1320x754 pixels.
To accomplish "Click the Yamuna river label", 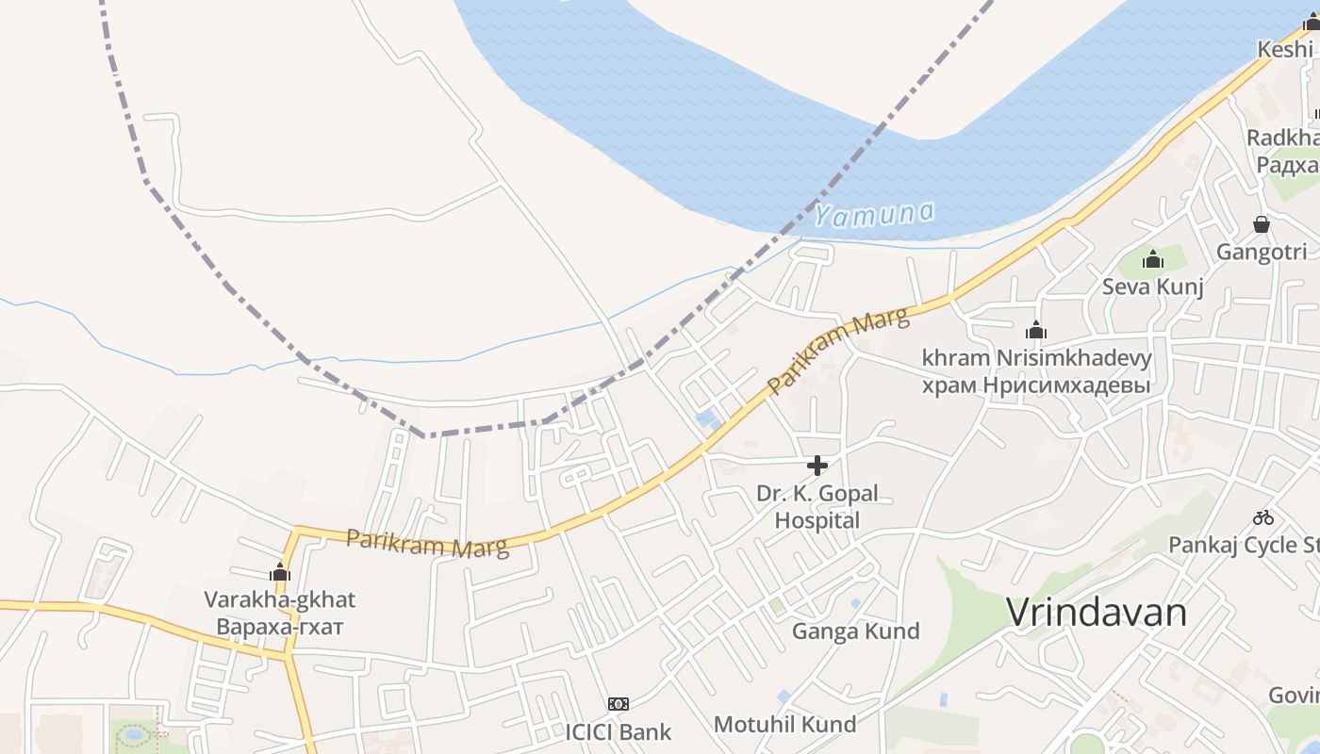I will pyautogui.click(x=874, y=214).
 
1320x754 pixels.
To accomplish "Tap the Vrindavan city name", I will pyautogui.click(x=1097, y=613).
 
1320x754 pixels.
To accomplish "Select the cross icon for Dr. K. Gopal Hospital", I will pyautogui.click(x=817, y=466).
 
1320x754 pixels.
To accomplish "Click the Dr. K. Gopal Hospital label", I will pyautogui.click(x=817, y=506).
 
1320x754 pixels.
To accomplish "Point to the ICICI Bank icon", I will pyautogui.click(x=619, y=703).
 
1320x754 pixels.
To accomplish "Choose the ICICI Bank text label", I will pyautogui.click(x=619, y=731).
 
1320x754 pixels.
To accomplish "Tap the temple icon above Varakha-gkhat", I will pyautogui.click(x=280, y=572).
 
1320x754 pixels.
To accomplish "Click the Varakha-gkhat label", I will pyautogui.click(x=280, y=599).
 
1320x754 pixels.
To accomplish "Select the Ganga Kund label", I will pyautogui.click(x=855, y=631).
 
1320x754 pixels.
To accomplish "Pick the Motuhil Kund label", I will pyautogui.click(x=784, y=724).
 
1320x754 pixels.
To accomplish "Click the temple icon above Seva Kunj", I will pyautogui.click(x=1152, y=259).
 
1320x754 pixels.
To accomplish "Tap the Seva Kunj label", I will pyautogui.click(x=1152, y=287).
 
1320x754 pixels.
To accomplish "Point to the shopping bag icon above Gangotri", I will pyautogui.click(x=1262, y=224).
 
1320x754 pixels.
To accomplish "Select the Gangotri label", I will pyautogui.click(x=1262, y=252).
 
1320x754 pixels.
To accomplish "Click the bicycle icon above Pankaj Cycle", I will pyautogui.click(x=1263, y=517).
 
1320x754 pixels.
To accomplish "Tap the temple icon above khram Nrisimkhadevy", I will pyautogui.click(x=1036, y=331).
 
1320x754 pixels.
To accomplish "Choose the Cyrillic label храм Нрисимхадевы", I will pyautogui.click(x=1036, y=385).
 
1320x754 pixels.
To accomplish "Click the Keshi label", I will pyautogui.click(x=1284, y=49).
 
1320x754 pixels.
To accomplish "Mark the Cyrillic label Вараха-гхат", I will pyautogui.click(x=280, y=626).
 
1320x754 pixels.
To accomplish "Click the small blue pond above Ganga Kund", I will pyautogui.click(x=855, y=603).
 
